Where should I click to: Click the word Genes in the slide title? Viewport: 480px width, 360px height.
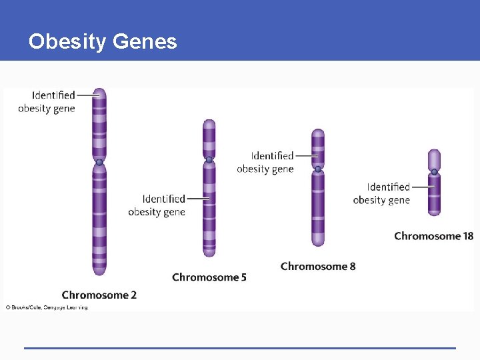point(145,42)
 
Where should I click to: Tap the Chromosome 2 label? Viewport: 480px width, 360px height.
point(99,295)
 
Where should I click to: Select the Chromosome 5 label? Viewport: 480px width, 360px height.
point(209,277)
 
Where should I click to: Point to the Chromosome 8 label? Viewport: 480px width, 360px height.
point(318,266)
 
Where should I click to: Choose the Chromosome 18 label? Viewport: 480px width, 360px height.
point(433,235)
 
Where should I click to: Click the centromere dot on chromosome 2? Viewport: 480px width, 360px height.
point(99,162)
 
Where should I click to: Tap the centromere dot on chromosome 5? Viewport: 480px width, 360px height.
point(209,160)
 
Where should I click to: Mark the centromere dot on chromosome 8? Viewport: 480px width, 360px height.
point(318,169)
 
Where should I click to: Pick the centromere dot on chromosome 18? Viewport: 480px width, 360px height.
point(434,173)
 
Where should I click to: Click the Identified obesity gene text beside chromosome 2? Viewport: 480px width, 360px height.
point(47,101)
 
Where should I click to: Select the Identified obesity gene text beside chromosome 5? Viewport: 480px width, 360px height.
point(157,205)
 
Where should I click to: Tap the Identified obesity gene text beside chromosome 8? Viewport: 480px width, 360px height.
point(265,162)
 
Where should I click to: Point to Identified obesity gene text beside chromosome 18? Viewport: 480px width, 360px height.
point(382,193)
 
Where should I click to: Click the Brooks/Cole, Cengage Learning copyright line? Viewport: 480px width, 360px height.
point(47,307)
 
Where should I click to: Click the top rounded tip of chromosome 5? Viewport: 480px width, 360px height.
point(209,123)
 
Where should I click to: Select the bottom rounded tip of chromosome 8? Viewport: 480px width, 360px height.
point(318,242)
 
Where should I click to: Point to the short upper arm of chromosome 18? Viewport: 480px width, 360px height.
point(434,159)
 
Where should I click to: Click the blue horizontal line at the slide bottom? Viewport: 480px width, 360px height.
point(240,347)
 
